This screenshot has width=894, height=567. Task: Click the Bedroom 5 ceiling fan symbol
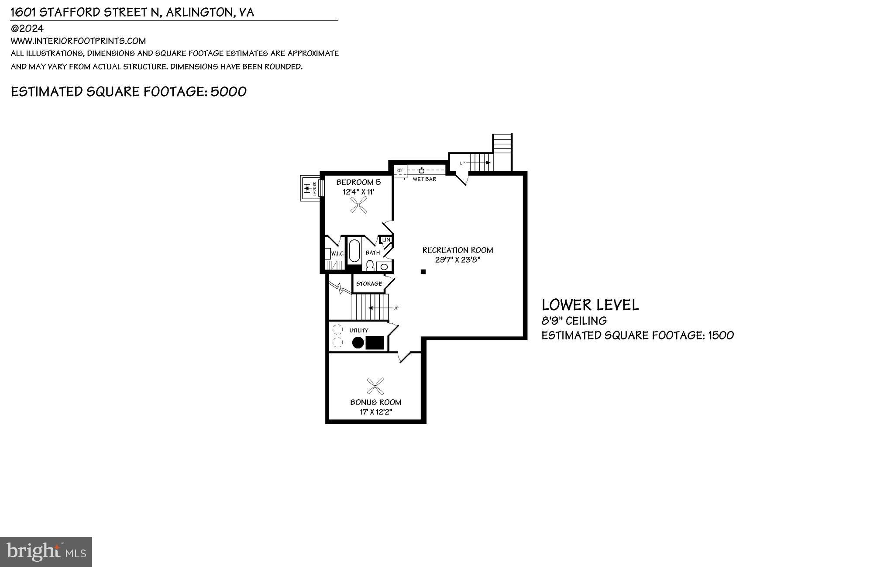coord(359,204)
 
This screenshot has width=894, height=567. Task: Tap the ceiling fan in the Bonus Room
coord(375,386)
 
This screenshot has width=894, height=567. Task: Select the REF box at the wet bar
coord(400,170)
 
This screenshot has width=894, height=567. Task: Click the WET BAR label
coord(424,179)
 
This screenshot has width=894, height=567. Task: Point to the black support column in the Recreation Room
coord(423,272)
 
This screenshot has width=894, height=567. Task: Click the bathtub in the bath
coord(354,252)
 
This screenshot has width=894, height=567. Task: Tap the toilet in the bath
coord(370,266)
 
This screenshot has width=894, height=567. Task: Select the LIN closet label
coord(386,240)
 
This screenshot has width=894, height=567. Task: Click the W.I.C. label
coord(338,254)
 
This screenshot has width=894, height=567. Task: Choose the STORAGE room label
coord(369,283)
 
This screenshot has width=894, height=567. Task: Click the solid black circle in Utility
coord(358,343)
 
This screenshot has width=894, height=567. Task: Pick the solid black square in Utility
coord(375,343)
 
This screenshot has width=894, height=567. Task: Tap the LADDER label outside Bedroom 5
coord(314,188)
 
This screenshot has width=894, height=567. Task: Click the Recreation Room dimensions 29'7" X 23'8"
coord(457,260)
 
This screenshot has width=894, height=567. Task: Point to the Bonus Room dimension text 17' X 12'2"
coord(376,412)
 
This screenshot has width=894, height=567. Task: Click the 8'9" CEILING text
coord(574,321)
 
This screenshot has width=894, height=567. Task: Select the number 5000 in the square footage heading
coord(229,92)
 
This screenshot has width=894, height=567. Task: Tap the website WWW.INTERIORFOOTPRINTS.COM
coord(78,41)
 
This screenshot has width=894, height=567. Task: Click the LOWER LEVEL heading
coord(590,305)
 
